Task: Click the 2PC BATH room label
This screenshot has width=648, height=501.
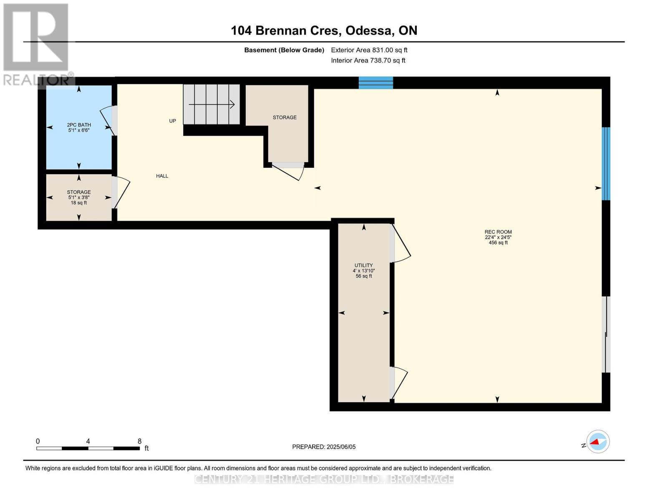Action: click(x=79, y=125)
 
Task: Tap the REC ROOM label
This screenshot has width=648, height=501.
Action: click(x=498, y=232)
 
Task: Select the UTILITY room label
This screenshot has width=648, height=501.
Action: click(x=363, y=266)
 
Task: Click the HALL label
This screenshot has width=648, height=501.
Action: click(x=162, y=176)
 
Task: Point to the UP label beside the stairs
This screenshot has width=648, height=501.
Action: click(x=172, y=121)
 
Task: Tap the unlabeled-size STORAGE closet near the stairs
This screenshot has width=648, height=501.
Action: click(x=285, y=118)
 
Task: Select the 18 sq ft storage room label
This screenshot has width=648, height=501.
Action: click(x=79, y=197)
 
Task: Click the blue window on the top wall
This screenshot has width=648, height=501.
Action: click(x=376, y=83)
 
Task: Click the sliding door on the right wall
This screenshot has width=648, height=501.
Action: click(x=607, y=334)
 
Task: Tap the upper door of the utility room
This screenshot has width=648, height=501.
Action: click(x=400, y=244)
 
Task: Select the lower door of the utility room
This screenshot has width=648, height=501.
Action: click(x=398, y=382)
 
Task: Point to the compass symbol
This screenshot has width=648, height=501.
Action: click(x=598, y=442)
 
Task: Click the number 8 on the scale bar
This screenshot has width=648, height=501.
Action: click(x=139, y=441)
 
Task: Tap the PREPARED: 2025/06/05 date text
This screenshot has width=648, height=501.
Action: click(x=324, y=447)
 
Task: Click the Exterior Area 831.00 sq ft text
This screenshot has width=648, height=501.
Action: click(x=369, y=50)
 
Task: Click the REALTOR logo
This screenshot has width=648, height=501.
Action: click(x=37, y=44)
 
